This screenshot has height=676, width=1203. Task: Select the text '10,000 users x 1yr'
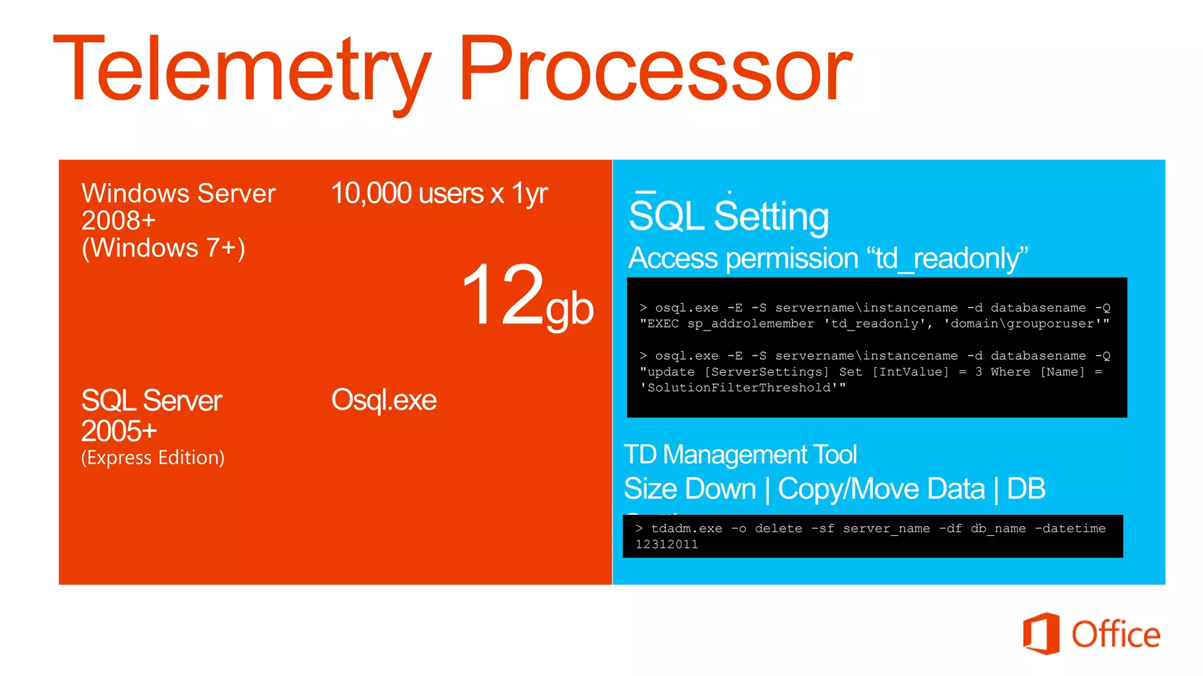click(439, 193)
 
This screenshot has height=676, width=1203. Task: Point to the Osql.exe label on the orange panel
click(384, 400)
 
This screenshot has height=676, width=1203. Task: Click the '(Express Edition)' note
click(153, 458)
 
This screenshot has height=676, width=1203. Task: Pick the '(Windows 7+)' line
click(163, 248)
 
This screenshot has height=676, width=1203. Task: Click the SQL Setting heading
click(728, 216)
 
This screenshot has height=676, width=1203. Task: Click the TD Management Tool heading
click(740, 455)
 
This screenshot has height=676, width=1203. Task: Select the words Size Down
click(690, 489)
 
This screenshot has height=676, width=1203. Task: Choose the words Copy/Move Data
click(881, 489)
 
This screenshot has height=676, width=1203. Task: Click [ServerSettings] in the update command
click(767, 372)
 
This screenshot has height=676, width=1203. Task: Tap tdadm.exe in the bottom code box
click(686, 529)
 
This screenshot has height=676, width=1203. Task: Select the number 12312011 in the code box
click(667, 545)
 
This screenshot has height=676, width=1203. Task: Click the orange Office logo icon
click(1041, 634)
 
